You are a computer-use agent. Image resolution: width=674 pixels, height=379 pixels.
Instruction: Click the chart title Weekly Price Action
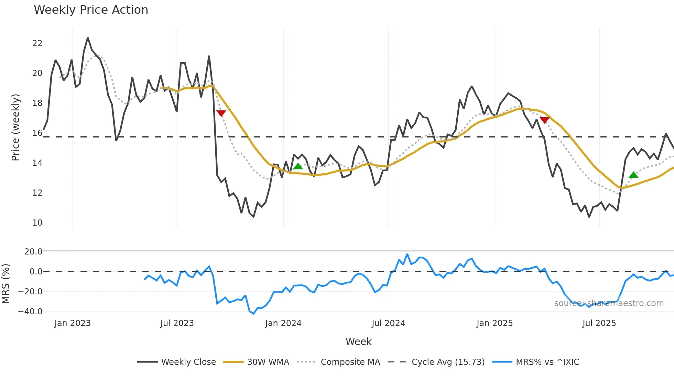point(91,10)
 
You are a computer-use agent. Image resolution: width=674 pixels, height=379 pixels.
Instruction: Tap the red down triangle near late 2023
point(221,113)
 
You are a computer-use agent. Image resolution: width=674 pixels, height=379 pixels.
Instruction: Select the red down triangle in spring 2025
point(545,120)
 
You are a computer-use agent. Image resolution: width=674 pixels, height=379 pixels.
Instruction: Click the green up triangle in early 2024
point(298,166)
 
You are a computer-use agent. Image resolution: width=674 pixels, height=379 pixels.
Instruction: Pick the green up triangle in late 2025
point(633,175)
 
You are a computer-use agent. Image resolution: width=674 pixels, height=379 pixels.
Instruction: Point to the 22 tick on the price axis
point(37,43)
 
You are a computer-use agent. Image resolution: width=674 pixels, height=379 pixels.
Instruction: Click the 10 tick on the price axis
point(37,223)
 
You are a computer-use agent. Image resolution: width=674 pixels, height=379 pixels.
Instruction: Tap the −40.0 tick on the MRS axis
point(30,312)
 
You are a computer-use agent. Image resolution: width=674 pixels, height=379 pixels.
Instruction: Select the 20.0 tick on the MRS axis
point(33,252)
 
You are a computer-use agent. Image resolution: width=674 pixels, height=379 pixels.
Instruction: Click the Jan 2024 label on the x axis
point(283,323)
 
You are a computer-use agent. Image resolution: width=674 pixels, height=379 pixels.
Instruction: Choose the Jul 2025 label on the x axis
point(599,323)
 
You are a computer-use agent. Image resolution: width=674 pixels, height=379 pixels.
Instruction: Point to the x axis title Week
point(358,342)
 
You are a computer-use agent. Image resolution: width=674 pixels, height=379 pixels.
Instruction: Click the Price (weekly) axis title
point(15,127)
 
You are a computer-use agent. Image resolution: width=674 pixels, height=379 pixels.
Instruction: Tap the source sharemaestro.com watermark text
point(609,303)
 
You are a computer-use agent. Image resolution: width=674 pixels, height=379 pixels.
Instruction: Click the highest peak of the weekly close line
point(88,38)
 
